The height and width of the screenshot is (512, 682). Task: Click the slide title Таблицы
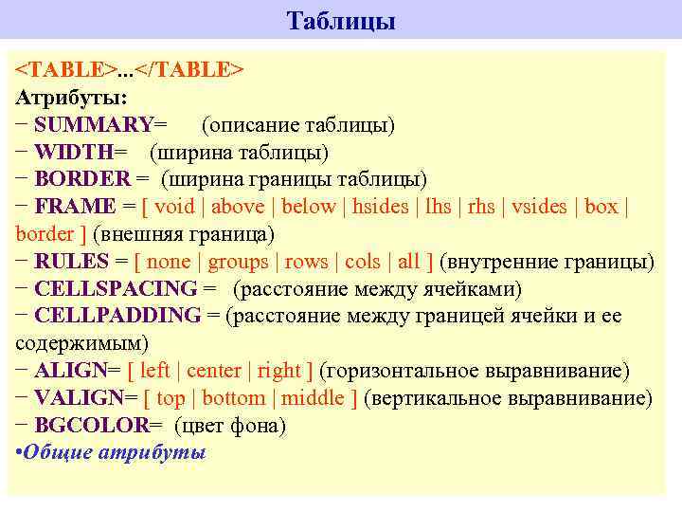pos(341,21)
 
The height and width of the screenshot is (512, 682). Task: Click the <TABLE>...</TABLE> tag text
pos(131,70)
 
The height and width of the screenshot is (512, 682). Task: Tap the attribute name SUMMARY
pos(93,124)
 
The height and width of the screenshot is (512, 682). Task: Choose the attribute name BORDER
pos(82,179)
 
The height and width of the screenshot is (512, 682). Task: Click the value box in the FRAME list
pos(601,207)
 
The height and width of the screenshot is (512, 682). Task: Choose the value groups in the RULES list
pos(238,262)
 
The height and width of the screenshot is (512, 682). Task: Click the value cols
pos(362,262)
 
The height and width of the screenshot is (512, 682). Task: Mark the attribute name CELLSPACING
pos(116,289)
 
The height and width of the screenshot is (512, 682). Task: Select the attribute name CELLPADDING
pos(117,316)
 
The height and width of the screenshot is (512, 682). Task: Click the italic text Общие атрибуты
pos(115,452)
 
